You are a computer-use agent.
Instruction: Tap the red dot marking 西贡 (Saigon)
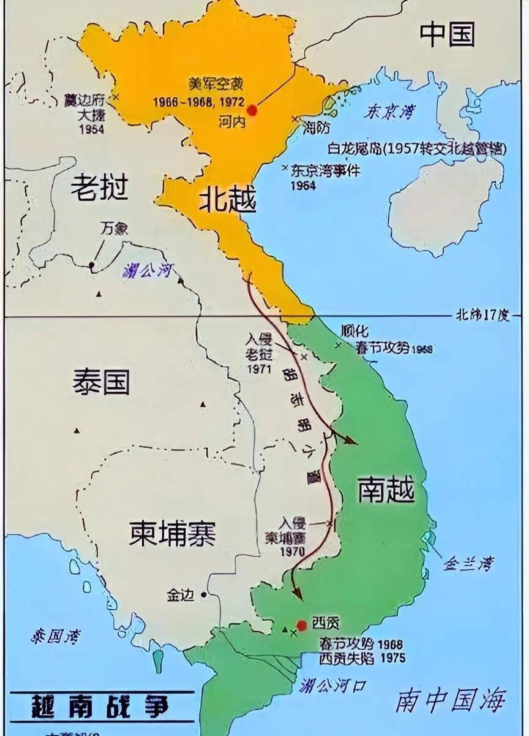coord(301,625)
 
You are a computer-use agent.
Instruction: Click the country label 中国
coord(447,36)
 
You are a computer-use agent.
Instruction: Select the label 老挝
coord(99,187)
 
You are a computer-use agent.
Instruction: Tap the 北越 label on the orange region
coord(227,200)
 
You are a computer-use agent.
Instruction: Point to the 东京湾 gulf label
coord(389,112)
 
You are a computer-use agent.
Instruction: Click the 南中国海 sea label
coord(452,700)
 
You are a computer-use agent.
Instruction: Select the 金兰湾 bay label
coord(470,563)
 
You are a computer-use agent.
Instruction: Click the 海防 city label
coord(317,127)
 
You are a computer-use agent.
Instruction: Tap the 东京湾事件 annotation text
coord(325,171)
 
